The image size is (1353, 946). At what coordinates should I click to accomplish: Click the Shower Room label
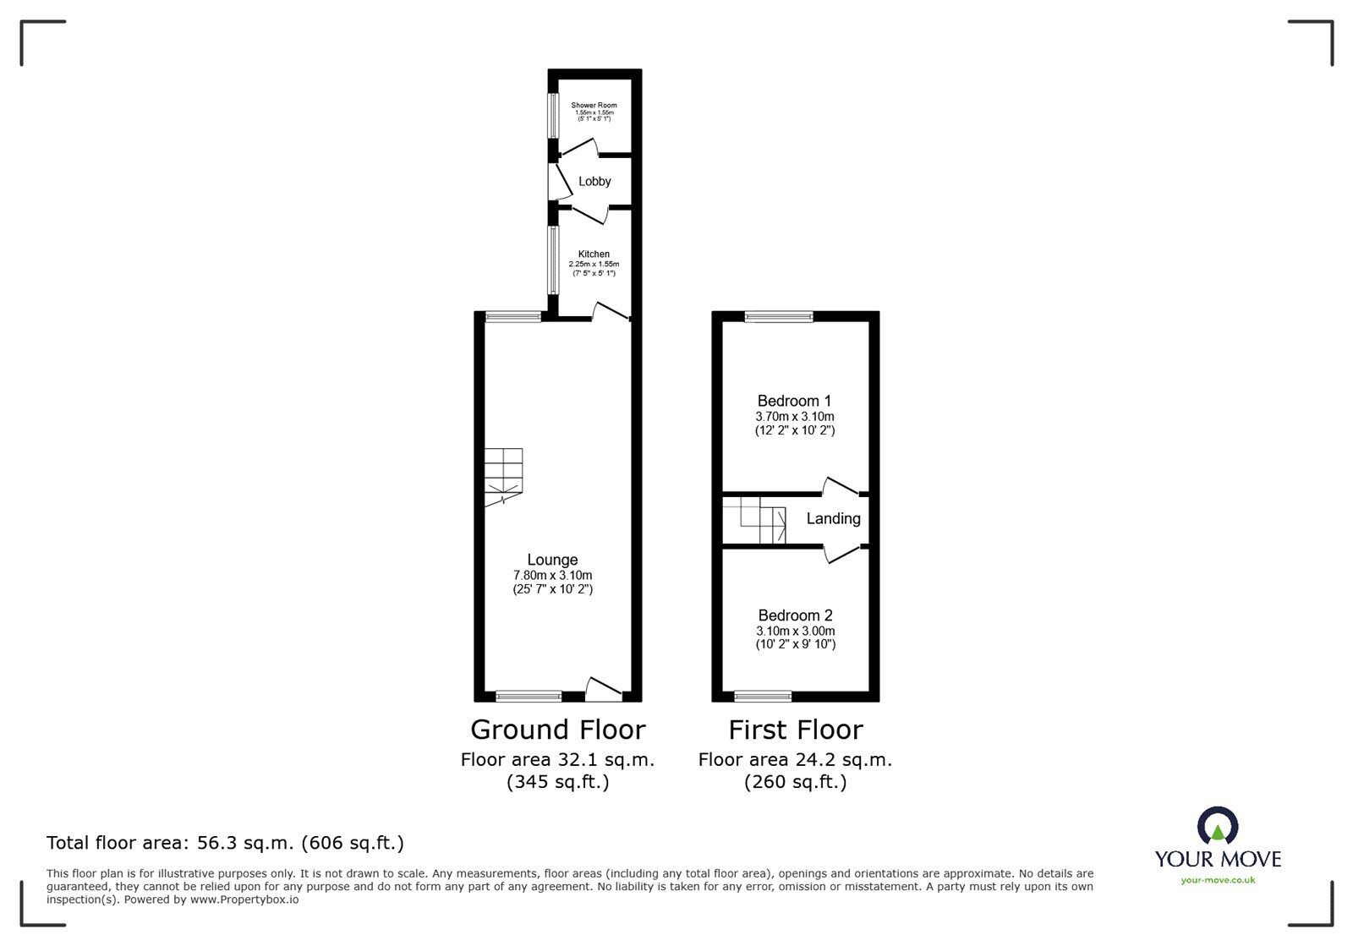[x=594, y=106]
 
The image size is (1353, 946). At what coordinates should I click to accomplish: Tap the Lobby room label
[x=594, y=181]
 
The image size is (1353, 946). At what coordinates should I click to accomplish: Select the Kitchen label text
[x=594, y=254]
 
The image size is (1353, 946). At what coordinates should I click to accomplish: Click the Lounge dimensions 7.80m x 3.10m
[x=552, y=575]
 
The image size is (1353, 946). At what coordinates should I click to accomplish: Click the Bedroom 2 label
[x=795, y=615]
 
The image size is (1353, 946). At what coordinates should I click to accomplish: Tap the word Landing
[x=833, y=518]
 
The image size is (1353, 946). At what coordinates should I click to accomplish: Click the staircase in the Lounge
[x=504, y=476]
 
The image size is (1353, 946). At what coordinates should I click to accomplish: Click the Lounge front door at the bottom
[x=604, y=690]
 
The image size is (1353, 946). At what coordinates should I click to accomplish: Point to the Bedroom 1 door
[x=841, y=488]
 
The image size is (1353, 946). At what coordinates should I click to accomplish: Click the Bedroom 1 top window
[x=779, y=317]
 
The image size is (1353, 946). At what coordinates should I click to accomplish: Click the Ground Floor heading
[x=557, y=730]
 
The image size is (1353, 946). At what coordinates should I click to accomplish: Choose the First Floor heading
[x=795, y=730]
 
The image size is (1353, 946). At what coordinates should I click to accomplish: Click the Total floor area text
[x=225, y=843]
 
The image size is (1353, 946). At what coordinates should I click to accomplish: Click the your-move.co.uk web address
[x=1218, y=880]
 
